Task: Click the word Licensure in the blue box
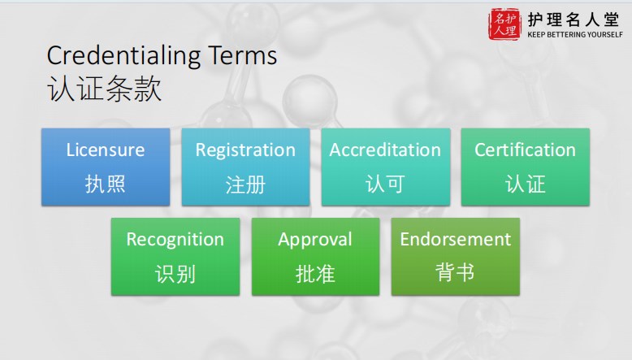[106, 150]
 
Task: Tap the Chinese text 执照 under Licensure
[106, 184]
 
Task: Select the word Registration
[245, 151]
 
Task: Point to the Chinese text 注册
[245, 184]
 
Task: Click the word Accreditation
[385, 150]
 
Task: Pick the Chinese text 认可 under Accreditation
[385, 184]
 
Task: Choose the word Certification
[526, 150]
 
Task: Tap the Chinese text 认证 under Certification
[526, 184]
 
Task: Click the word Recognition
[175, 240]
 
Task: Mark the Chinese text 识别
[175, 274]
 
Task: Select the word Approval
[315, 240]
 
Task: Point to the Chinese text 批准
[315, 274]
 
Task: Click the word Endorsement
[456, 240]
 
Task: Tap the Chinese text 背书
[455, 272]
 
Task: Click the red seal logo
[504, 24]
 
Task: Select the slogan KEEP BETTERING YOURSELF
[575, 35]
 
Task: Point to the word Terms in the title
[243, 55]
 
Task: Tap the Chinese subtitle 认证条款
[105, 89]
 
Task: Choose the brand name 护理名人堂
[574, 20]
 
